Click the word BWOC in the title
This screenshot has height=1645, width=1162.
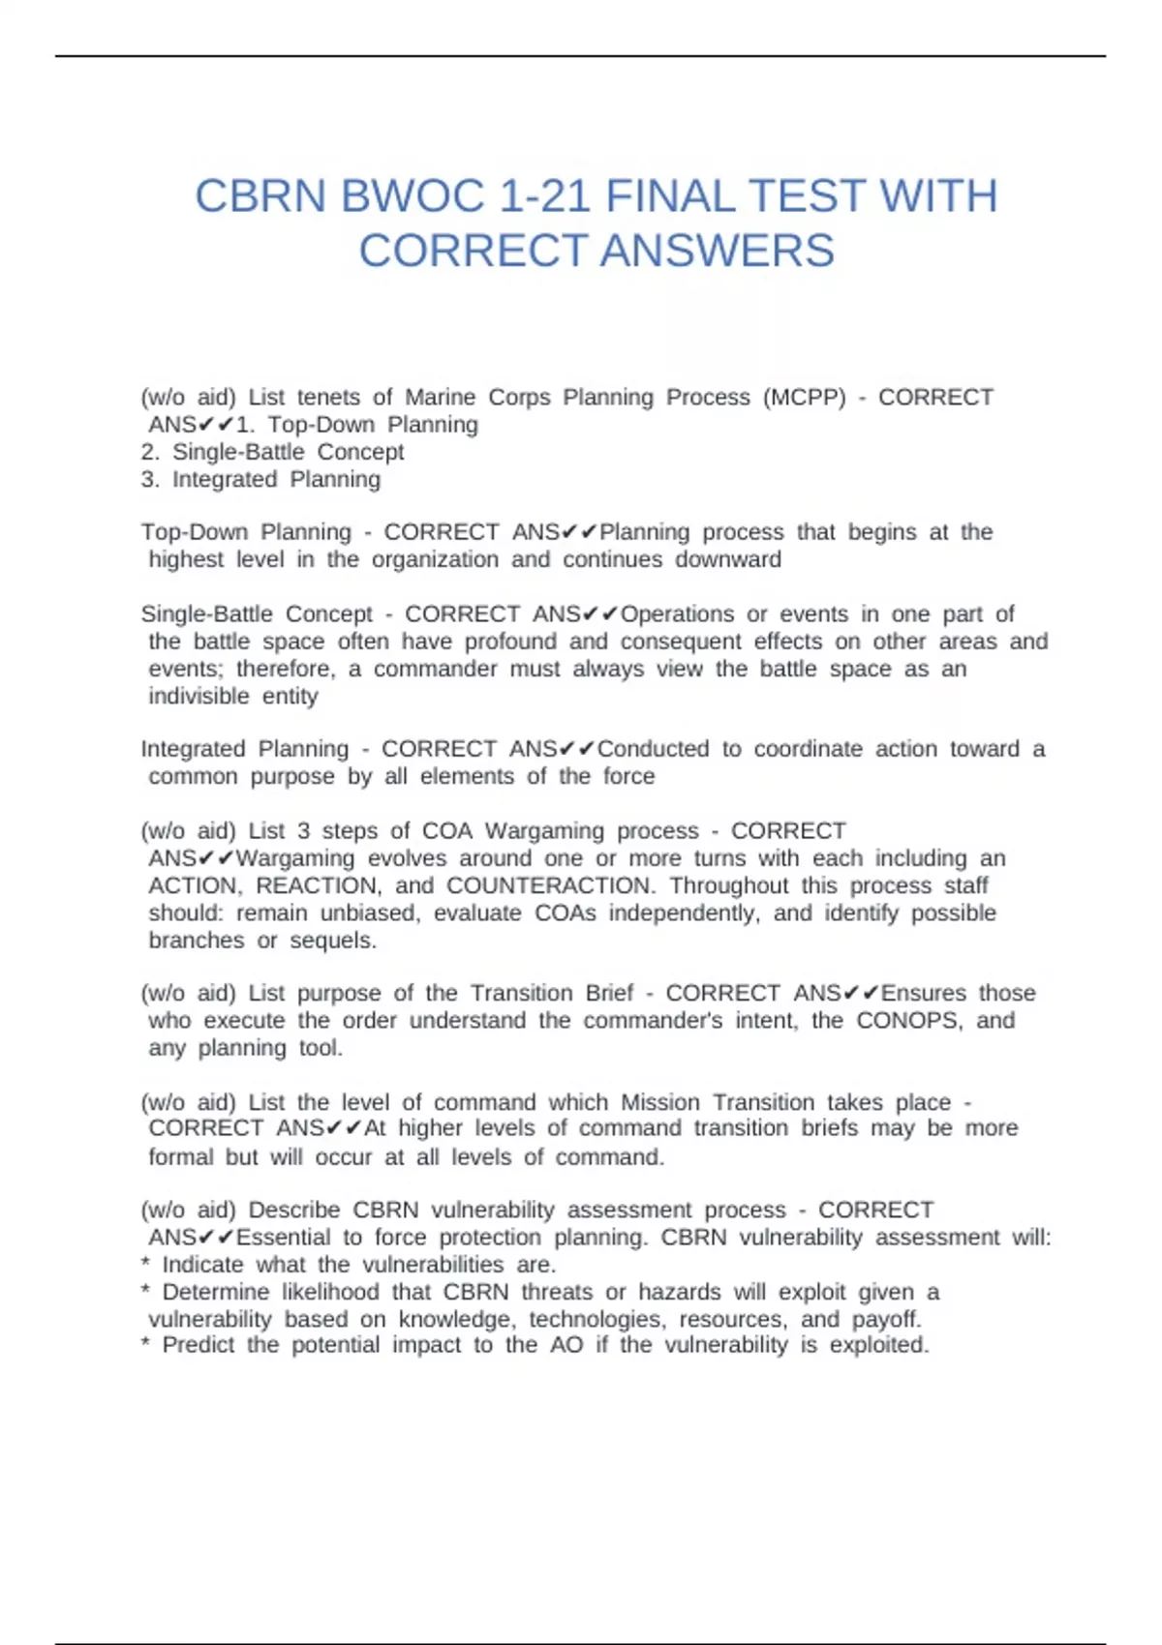(x=413, y=196)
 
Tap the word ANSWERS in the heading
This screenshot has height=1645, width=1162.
(x=717, y=251)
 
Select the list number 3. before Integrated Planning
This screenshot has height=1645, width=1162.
(x=150, y=480)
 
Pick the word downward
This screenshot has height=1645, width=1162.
(x=728, y=560)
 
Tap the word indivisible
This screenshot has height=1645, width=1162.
(x=199, y=697)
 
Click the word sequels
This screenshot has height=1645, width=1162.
(x=331, y=941)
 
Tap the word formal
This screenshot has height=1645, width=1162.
(x=180, y=1157)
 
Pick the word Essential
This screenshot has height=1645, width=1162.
(x=284, y=1238)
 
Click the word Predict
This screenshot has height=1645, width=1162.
(x=198, y=1346)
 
